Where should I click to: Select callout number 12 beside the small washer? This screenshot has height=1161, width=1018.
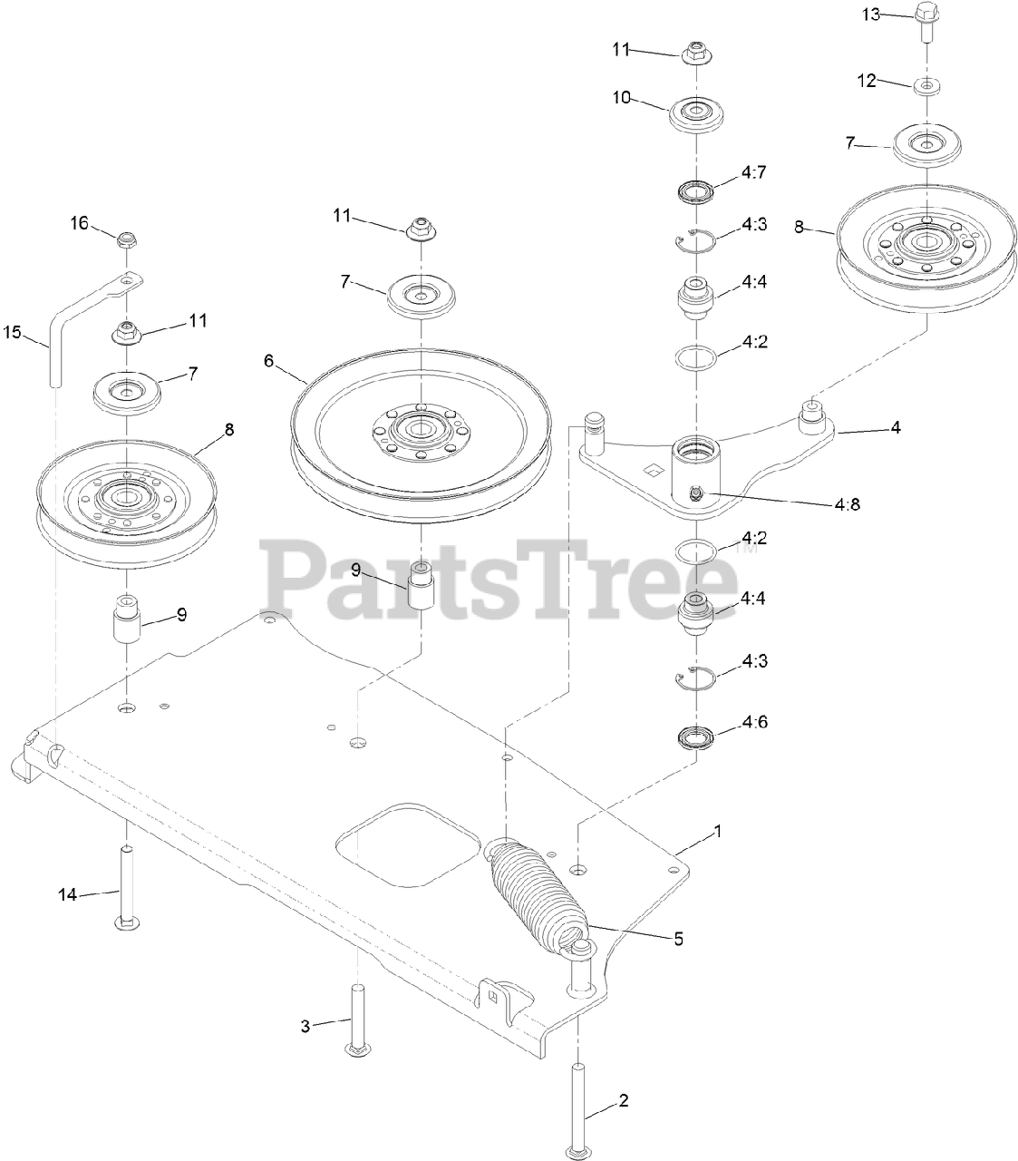point(868,81)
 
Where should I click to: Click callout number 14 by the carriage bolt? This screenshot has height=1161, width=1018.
point(69,894)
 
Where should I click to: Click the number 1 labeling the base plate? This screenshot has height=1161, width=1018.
point(718,830)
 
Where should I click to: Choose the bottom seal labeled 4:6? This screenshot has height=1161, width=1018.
point(695,736)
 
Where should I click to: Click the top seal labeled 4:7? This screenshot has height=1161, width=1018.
point(696,192)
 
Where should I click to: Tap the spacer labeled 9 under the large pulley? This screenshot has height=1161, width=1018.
point(421,588)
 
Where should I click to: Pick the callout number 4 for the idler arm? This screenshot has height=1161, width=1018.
point(895,426)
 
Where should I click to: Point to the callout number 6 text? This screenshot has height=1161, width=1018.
point(268,360)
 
